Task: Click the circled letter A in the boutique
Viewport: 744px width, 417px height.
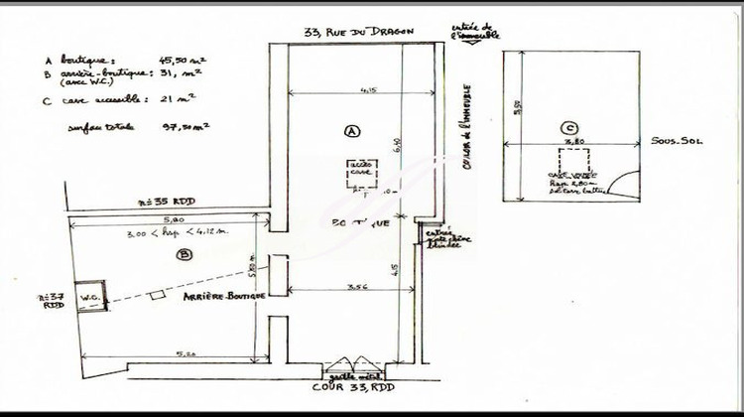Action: click(350, 130)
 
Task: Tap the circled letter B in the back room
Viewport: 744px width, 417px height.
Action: click(183, 254)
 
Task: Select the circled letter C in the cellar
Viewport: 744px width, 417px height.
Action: click(566, 128)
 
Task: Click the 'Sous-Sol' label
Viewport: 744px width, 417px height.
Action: click(677, 142)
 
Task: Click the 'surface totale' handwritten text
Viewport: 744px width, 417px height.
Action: click(100, 127)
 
